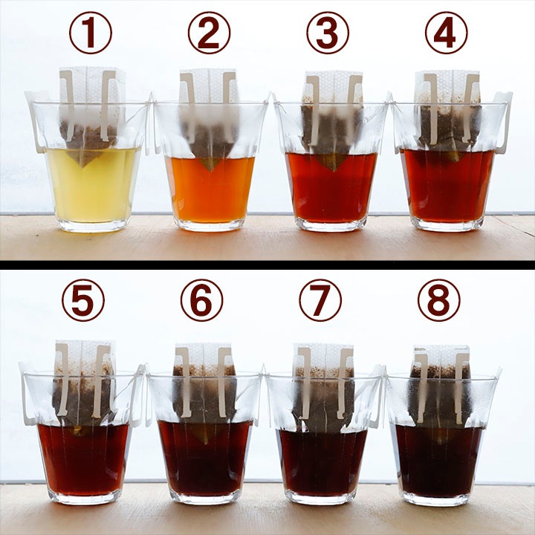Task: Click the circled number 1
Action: (x=91, y=33)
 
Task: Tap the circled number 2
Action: (x=209, y=33)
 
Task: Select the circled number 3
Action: (x=328, y=33)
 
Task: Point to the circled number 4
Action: (x=447, y=33)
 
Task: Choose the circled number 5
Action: (x=83, y=300)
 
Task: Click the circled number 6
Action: (x=201, y=300)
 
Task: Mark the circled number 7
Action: (x=320, y=300)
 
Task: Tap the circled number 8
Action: (x=439, y=300)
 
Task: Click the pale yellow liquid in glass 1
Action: (x=93, y=188)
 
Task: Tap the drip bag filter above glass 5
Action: (x=83, y=386)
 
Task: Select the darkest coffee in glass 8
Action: (x=439, y=461)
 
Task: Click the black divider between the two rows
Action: (x=267, y=265)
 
